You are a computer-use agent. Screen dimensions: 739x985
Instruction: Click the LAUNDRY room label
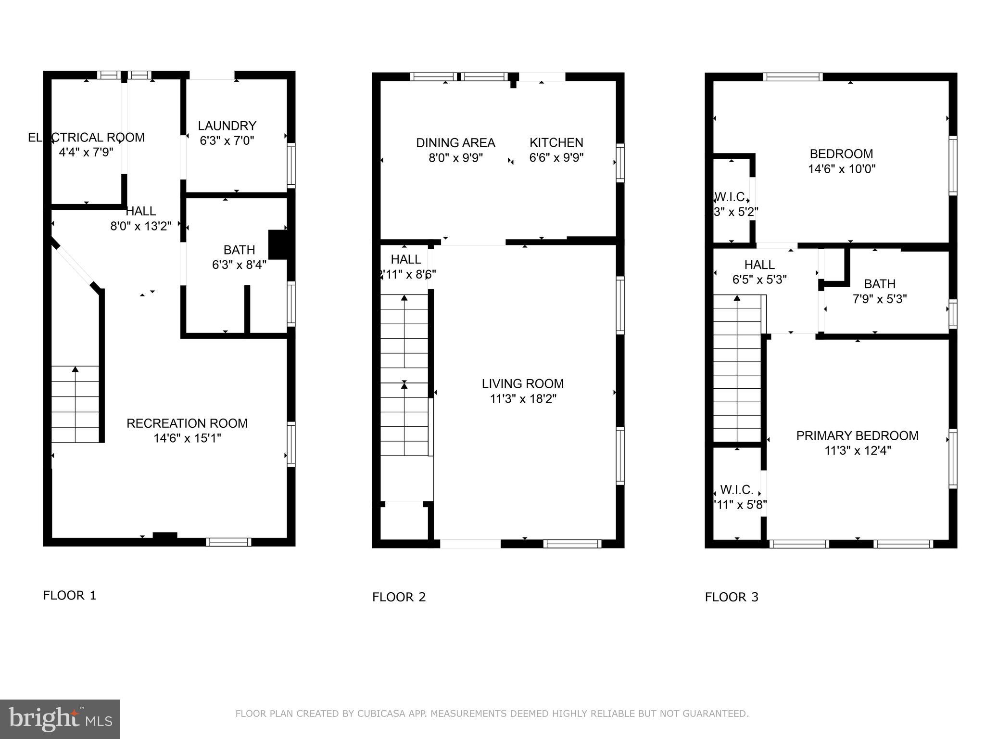click(227, 126)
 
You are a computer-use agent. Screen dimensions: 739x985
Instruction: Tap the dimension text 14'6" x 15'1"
click(187, 438)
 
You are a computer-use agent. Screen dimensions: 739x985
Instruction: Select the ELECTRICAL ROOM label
click(87, 138)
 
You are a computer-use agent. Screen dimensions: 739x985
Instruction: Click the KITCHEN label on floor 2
click(556, 143)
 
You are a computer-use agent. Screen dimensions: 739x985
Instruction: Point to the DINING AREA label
click(455, 143)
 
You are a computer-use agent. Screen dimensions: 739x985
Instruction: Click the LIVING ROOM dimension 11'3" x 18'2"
click(523, 399)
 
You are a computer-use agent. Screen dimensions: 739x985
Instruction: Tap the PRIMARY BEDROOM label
click(857, 436)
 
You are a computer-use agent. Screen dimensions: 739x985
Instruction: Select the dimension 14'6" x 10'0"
click(841, 169)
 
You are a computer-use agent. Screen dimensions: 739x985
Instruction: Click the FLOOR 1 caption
click(70, 596)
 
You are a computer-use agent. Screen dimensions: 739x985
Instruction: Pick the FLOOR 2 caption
click(399, 597)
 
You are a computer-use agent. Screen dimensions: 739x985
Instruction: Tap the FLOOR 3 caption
click(731, 597)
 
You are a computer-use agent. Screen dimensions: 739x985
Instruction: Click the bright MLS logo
click(60, 719)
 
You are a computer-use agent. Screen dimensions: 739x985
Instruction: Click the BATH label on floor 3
click(879, 284)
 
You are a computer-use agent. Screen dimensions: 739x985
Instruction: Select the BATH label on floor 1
click(239, 250)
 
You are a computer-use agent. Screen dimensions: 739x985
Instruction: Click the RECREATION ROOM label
click(187, 423)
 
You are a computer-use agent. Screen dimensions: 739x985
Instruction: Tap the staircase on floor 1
click(75, 404)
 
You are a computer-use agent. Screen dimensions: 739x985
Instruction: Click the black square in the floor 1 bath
click(278, 244)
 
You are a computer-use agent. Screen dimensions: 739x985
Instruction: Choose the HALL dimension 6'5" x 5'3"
click(759, 280)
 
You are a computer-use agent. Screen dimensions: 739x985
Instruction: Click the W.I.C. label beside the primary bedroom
click(736, 490)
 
